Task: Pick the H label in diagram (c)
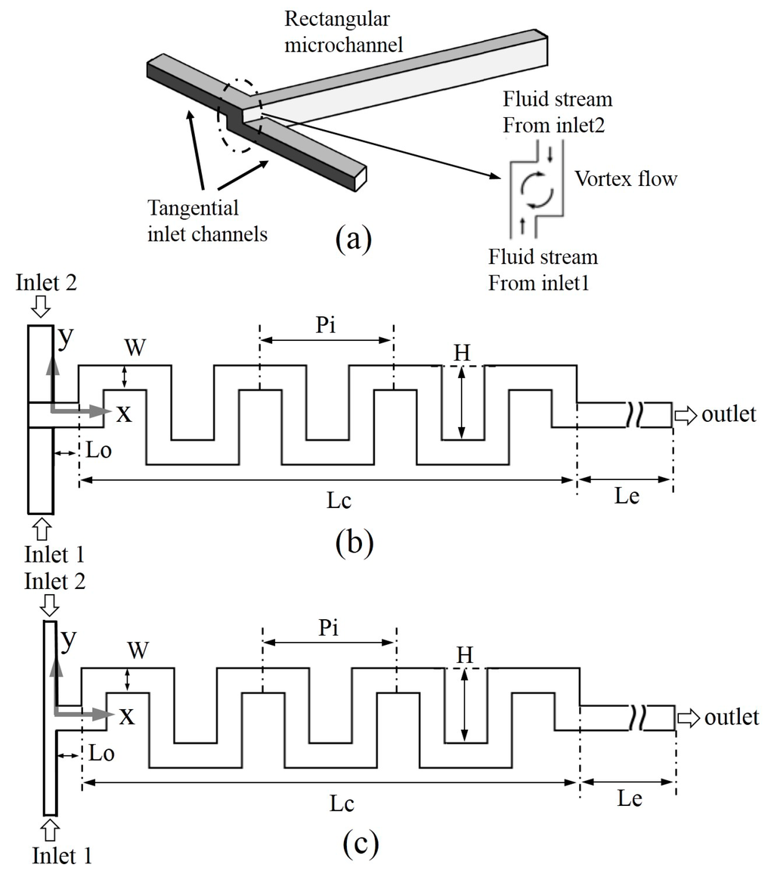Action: tap(466, 657)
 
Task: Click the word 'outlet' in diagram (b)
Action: tap(729, 414)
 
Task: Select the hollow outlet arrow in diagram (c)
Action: tap(688, 717)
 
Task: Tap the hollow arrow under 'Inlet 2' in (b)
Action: tap(41, 306)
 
